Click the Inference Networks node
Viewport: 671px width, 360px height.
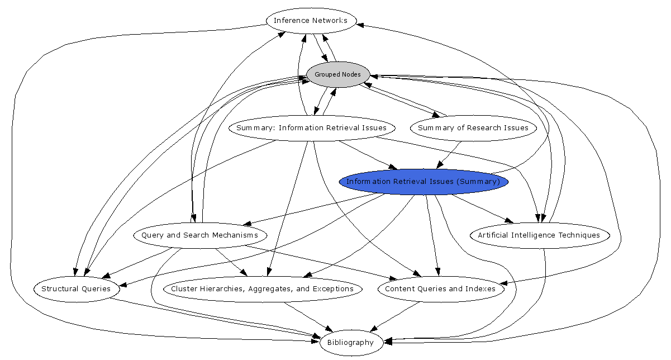311,21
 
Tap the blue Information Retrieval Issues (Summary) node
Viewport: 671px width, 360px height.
423,182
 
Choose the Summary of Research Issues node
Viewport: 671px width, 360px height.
473,128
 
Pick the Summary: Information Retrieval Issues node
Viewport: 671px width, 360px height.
311,128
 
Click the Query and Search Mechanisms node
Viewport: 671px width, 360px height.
199,235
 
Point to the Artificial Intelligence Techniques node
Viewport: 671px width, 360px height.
539,235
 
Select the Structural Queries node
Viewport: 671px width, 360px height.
75,289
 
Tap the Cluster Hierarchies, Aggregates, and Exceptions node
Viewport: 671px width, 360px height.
262,289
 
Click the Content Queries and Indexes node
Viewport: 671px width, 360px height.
440,289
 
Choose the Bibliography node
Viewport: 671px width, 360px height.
350,343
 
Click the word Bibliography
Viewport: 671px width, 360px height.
350,343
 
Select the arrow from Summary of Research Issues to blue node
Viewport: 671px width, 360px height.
450,154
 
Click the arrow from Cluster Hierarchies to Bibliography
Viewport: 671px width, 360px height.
310,316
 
